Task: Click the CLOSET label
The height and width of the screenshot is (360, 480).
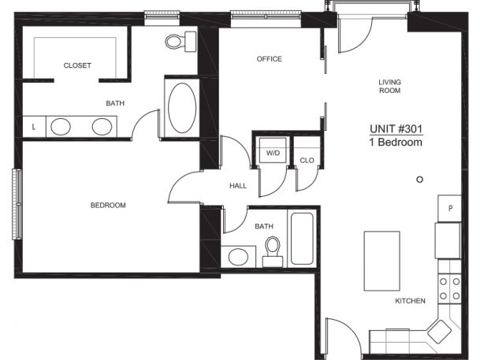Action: click(77, 65)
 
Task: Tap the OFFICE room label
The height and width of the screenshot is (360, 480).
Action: click(269, 59)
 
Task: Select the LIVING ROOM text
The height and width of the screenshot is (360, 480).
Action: click(389, 86)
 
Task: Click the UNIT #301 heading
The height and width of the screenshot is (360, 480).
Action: click(396, 129)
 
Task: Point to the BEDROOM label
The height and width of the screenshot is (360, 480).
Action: click(108, 206)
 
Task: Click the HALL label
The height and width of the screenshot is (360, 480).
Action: click(238, 186)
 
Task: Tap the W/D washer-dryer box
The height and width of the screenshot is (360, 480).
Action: click(273, 150)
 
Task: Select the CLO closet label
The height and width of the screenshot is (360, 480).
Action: click(307, 160)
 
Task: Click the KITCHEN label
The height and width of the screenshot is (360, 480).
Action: click(410, 301)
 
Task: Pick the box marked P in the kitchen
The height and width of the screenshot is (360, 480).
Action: click(450, 208)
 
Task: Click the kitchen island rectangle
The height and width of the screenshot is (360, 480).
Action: click(381, 261)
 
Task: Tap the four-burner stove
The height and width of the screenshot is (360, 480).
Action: click(449, 289)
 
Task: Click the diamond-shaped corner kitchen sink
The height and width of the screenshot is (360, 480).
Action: click(439, 332)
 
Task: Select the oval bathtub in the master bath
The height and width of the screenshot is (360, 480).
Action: click(182, 108)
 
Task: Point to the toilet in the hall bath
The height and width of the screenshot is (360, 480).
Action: click(273, 251)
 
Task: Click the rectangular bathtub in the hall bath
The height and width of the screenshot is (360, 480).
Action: click(302, 239)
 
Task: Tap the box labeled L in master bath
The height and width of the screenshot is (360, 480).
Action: click(34, 127)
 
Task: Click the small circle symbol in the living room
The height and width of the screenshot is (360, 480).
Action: click(419, 180)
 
